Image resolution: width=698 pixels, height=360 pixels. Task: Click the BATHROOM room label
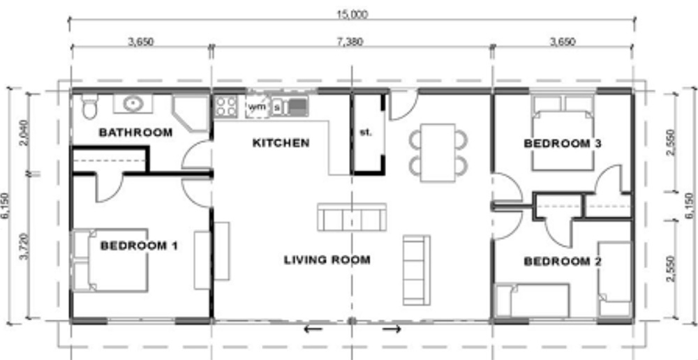(135, 132)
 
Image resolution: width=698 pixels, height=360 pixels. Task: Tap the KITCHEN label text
(281, 143)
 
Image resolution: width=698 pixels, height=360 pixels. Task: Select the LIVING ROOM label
(327, 260)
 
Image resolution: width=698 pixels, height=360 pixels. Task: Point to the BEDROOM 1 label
(139, 246)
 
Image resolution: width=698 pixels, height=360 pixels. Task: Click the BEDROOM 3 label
(563, 143)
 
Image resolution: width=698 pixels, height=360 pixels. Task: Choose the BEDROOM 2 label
(563, 261)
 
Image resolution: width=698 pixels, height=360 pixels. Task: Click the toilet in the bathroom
(89, 106)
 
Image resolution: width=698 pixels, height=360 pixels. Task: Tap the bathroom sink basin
(133, 104)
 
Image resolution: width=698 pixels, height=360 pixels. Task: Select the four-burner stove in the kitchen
(225, 107)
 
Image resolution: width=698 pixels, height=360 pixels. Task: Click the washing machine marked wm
(258, 107)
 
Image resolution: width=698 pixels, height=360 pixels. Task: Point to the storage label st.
(366, 132)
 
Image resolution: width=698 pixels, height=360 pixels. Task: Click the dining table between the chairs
(438, 153)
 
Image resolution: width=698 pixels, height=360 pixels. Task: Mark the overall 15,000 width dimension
(352, 15)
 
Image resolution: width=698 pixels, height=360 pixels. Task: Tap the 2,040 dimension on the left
(24, 133)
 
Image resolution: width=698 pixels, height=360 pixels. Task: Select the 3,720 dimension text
(24, 246)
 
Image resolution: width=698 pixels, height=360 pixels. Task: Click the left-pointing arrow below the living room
(313, 329)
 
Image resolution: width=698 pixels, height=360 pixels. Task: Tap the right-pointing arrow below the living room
(392, 329)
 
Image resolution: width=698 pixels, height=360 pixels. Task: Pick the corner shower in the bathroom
(191, 113)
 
